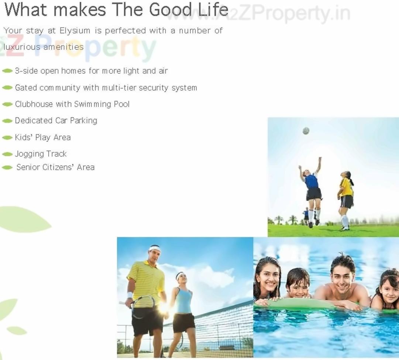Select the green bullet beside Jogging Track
point(7,154)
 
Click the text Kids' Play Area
point(42,138)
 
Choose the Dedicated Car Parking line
point(56,121)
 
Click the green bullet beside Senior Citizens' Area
point(7,167)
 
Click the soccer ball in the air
point(306,131)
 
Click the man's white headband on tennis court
point(155,248)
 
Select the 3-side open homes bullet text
point(91,71)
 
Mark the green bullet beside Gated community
point(7,88)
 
